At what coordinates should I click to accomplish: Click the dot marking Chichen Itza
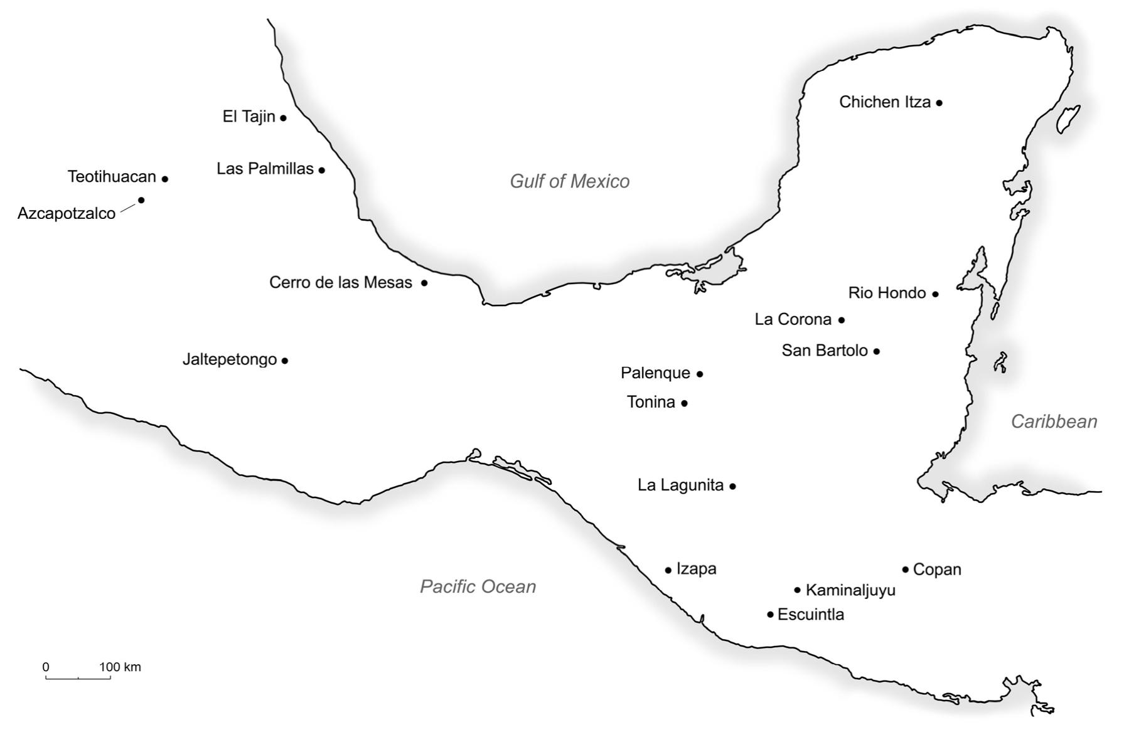point(939,103)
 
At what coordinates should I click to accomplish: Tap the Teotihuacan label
point(112,177)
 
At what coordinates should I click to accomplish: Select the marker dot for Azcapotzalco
point(141,200)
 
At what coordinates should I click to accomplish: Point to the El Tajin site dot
point(283,118)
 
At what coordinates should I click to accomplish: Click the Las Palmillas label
point(265,169)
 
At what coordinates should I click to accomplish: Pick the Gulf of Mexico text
point(569,181)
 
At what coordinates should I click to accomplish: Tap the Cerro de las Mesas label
point(341,283)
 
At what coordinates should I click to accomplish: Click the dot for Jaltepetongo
point(285,361)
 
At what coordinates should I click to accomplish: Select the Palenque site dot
point(700,374)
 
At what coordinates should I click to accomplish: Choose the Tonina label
point(651,402)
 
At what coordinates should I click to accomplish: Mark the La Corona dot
point(842,320)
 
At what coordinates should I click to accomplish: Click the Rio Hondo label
point(887,293)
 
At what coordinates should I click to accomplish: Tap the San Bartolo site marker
point(877,351)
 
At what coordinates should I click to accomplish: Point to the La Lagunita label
point(680,485)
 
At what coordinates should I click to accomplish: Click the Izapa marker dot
point(668,570)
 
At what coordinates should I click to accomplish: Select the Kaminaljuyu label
point(850,590)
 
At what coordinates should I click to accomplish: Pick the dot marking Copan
point(906,570)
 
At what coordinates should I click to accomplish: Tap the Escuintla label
point(810,615)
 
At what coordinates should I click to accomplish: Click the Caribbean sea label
point(1054,421)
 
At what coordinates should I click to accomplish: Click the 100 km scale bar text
point(120,667)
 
